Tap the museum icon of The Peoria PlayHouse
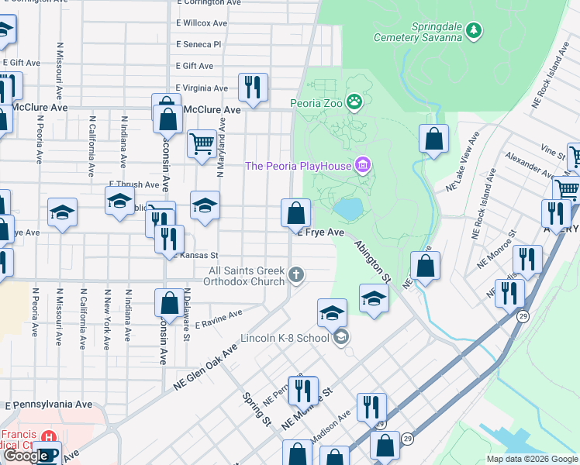(x=362, y=165)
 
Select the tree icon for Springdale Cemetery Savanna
(x=472, y=31)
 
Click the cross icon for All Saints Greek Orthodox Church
(x=295, y=274)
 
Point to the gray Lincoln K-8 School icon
(x=340, y=336)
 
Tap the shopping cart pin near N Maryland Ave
(x=202, y=143)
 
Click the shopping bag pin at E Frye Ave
(x=295, y=212)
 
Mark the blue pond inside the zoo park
(x=349, y=208)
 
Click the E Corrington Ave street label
(x=208, y=3)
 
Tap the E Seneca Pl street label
(x=199, y=45)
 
